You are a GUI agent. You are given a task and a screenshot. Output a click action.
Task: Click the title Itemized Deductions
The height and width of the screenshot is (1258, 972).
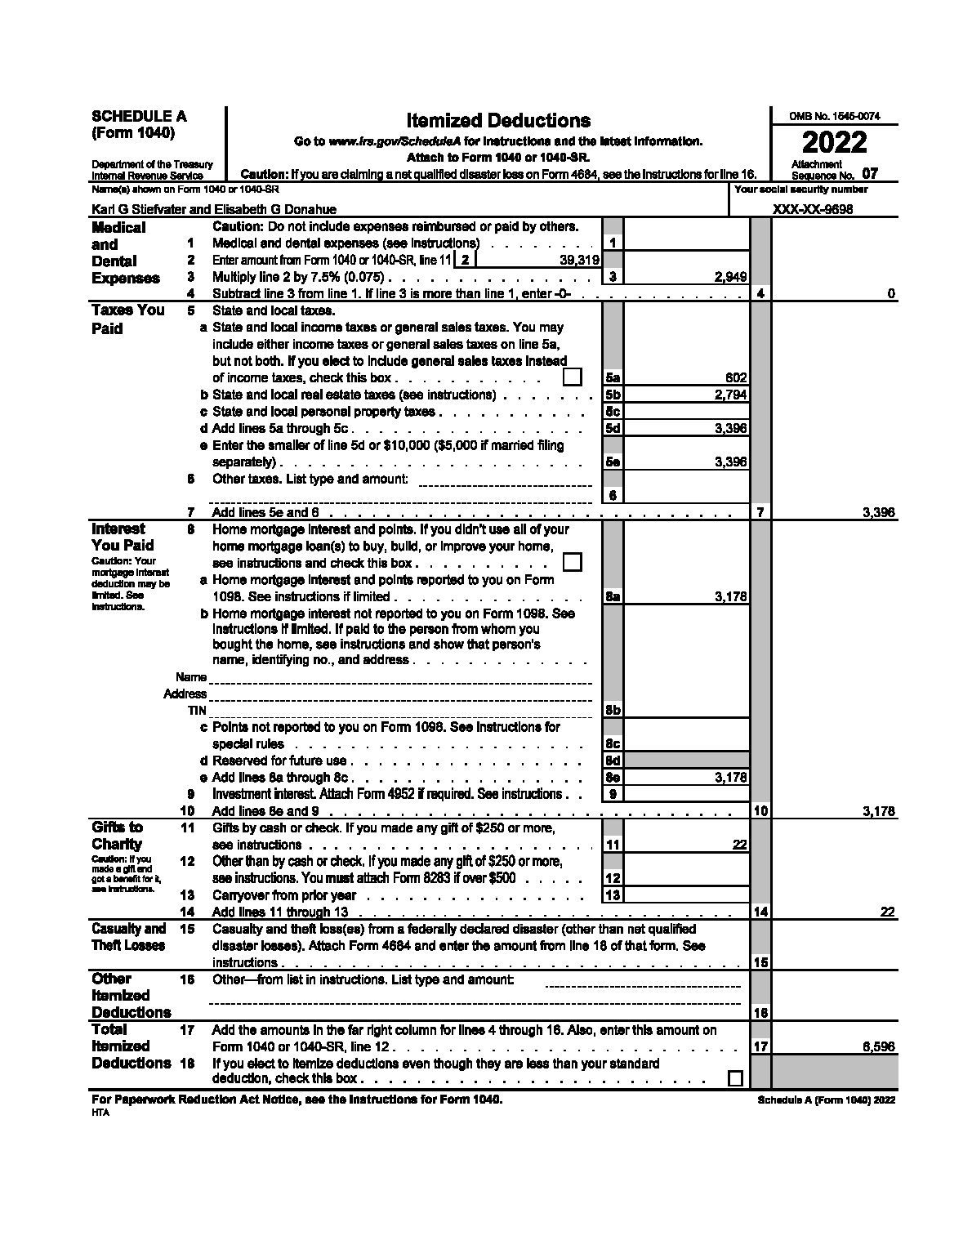click(498, 121)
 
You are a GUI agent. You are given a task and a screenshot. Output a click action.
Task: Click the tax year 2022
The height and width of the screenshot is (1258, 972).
click(833, 143)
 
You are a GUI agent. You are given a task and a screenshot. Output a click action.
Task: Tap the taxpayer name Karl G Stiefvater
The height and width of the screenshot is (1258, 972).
click(139, 209)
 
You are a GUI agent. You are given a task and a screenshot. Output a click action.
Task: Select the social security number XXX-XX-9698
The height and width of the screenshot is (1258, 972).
click(813, 209)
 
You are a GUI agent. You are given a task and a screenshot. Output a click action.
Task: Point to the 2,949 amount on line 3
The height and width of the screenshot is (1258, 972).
click(730, 278)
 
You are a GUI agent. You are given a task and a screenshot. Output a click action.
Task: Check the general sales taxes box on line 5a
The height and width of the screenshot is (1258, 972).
click(573, 377)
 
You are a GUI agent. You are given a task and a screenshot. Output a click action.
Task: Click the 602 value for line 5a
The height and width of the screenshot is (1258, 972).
click(736, 377)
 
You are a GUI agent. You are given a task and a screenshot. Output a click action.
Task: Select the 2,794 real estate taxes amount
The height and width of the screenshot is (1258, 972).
click(730, 395)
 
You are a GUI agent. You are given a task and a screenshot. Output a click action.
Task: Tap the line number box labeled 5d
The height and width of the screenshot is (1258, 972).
click(613, 428)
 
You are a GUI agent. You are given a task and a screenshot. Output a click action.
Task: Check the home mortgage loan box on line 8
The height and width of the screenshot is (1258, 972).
click(573, 562)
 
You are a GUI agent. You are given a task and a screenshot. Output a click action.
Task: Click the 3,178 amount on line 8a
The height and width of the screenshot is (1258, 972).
click(730, 597)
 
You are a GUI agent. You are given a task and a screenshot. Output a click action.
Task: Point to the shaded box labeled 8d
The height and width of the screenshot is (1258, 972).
click(613, 761)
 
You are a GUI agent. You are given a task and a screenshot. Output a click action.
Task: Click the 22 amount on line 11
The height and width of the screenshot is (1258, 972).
click(739, 845)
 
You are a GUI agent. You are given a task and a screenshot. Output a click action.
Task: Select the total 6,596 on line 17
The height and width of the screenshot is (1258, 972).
click(878, 1046)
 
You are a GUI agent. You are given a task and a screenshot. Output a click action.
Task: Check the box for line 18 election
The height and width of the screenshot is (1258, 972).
click(735, 1078)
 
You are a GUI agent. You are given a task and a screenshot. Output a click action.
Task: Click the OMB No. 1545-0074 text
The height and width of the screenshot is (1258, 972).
click(833, 117)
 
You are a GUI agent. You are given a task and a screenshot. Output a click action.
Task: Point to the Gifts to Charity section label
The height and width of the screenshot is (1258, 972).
click(117, 836)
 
